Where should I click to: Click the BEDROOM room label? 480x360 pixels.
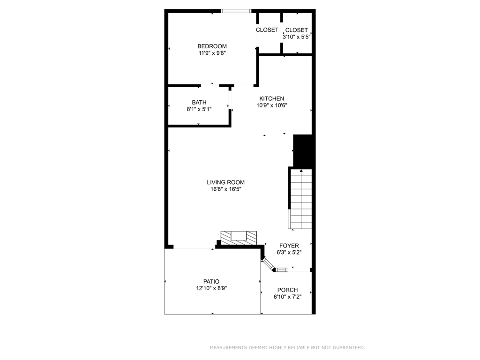coord(212,46)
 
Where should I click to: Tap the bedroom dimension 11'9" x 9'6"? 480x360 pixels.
coord(212,53)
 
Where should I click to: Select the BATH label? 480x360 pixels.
coord(199,102)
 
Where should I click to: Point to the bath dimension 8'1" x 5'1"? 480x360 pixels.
coord(199,109)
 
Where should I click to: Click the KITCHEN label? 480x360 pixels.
coord(271,98)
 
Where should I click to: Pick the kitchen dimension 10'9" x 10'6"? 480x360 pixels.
coord(271,105)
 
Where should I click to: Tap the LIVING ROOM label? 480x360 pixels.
coord(225,182)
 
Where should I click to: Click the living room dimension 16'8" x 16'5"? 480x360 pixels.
coord(225,189)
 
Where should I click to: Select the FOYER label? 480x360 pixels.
coord(289,246)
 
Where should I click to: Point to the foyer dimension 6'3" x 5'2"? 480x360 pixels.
coord(289,253)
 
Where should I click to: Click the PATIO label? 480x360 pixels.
coord(211,282)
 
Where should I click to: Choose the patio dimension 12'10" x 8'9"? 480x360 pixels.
coord(211,288)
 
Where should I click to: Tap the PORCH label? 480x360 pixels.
coord(287,290)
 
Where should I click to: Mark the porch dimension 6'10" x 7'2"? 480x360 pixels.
coord(287,297)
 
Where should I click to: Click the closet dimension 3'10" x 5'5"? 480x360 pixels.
coord(296,37)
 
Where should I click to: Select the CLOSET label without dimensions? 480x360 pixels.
coord(267,30)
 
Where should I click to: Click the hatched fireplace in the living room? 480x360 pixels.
coord(239,238)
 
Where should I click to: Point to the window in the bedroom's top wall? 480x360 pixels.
coord(236,11)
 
